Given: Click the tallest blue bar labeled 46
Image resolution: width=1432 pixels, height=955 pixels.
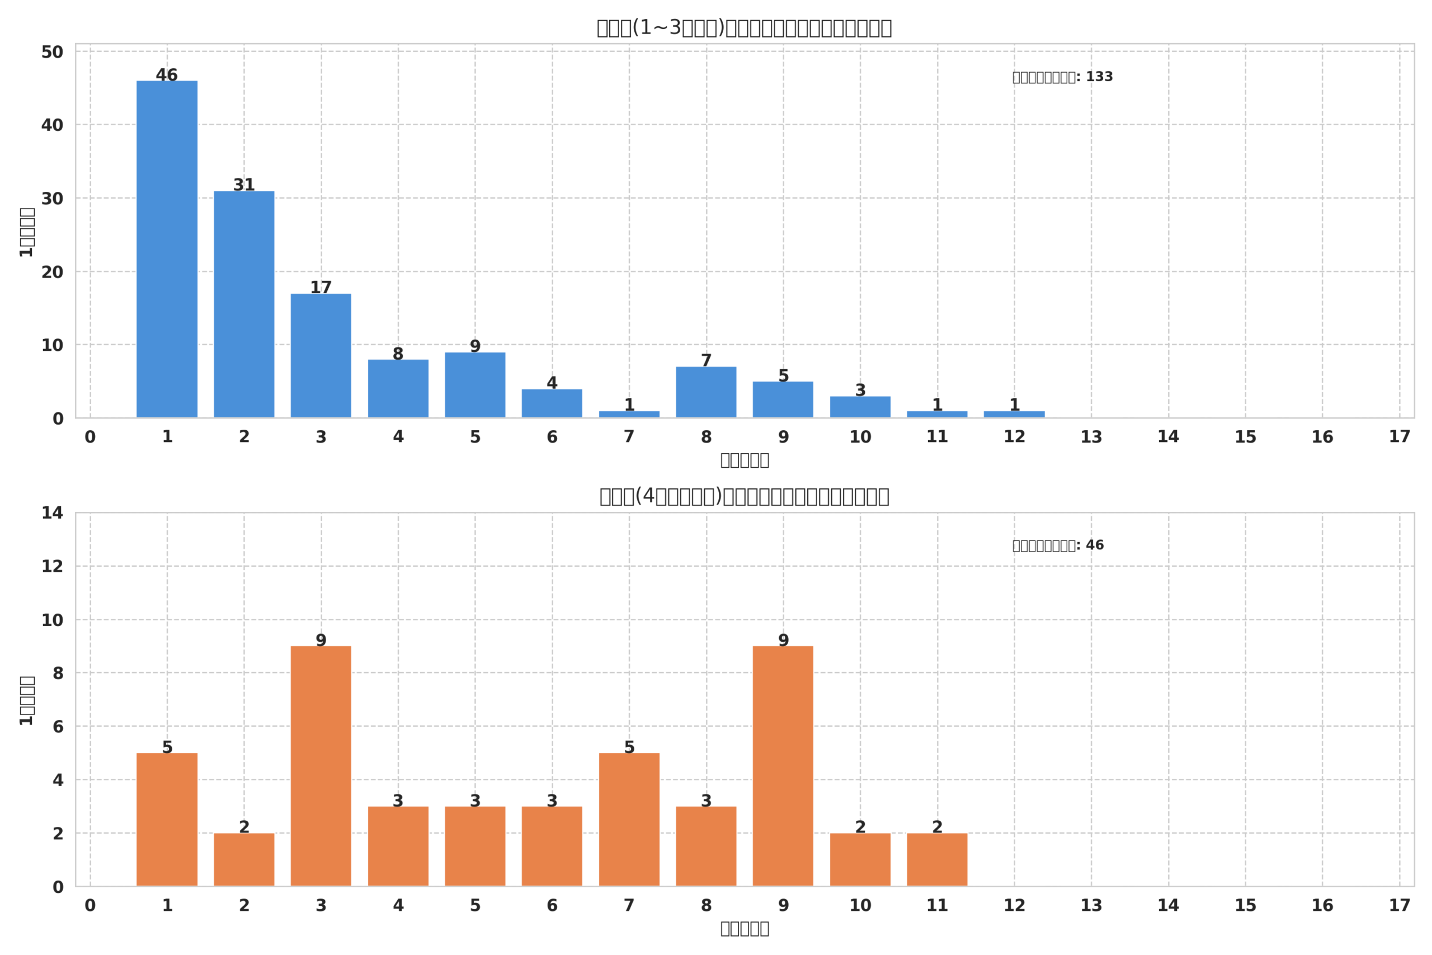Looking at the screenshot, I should click(x=167, y=249).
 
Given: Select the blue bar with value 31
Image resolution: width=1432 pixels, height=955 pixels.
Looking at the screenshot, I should click(x=243, y=304).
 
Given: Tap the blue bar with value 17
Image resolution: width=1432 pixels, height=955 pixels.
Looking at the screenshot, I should click(x=321, y=356).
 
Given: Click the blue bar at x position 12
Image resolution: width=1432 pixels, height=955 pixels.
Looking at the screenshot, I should click(x=1014, y=414).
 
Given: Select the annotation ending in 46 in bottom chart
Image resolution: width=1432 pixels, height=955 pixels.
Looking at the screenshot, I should click(x=1058, y=545).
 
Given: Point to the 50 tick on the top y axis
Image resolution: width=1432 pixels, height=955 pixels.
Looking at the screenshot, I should click(x=53, y=53).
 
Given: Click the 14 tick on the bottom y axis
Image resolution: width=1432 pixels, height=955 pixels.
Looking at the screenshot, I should click(x=53, y=513).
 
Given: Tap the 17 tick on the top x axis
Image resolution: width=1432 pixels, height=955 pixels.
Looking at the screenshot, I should click(x=1399, y=437).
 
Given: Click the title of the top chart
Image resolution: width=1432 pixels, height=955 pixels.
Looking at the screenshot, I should click(x=744, y=28).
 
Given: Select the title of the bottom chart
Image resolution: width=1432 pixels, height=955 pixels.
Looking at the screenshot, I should click(x=744, y=496).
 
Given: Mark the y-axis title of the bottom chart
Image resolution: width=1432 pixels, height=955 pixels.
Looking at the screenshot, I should click(x=27, y=700).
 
